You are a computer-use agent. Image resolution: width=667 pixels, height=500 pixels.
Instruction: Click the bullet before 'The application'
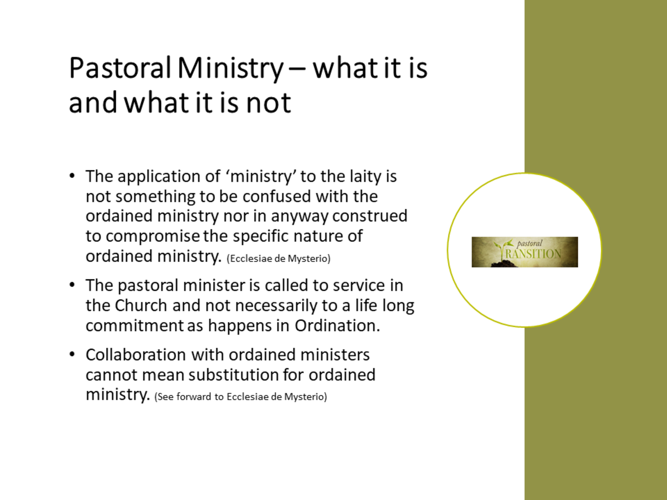72,175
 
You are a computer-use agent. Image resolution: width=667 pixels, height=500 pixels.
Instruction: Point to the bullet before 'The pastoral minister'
72,285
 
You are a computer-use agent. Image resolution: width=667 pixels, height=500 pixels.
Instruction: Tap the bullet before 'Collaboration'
72,354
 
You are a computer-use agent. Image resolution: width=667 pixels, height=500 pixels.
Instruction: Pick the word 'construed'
370,216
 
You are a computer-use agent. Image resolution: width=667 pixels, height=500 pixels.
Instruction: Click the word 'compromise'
153,237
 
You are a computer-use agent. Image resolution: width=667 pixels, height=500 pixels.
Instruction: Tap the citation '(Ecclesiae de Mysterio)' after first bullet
278,258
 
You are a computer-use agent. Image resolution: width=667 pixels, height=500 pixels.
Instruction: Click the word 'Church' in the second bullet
141,305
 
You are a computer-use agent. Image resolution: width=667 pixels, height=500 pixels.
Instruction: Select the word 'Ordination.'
337,325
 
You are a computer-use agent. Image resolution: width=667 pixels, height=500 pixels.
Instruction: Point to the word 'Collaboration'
136,354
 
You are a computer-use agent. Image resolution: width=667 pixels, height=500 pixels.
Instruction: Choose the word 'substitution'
234,375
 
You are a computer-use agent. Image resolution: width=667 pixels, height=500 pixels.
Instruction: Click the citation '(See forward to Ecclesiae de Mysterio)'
241,396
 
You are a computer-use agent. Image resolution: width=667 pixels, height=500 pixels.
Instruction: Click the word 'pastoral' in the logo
530,244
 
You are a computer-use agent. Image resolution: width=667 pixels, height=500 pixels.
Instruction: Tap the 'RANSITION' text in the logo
533,254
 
